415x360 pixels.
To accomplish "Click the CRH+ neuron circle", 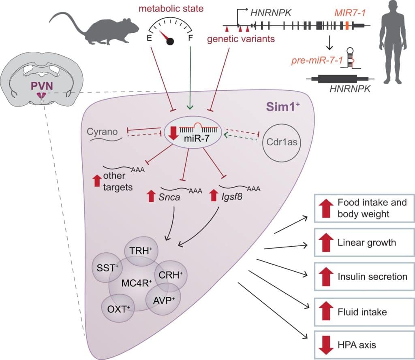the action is coord(171,275).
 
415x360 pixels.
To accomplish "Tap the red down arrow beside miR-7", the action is coord(173,133).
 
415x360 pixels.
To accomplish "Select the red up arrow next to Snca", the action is coord(151,196).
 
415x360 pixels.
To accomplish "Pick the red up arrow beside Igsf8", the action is coord(214,195).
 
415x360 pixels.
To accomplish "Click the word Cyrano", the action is coord(102,132).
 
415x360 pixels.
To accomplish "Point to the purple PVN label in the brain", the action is coord(42,86).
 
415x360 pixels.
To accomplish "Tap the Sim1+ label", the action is coord(282,107).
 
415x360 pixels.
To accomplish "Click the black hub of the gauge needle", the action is coord(170,41).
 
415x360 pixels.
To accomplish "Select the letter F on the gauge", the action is coord(190,38).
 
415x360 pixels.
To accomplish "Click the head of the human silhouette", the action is coord(393,8).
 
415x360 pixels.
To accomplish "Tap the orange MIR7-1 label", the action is coord(349,13).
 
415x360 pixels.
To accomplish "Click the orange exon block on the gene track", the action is coord(347,26).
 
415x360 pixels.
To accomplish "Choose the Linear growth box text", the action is coord(366,243).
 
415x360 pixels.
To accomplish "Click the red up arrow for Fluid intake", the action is coord(326,311).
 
